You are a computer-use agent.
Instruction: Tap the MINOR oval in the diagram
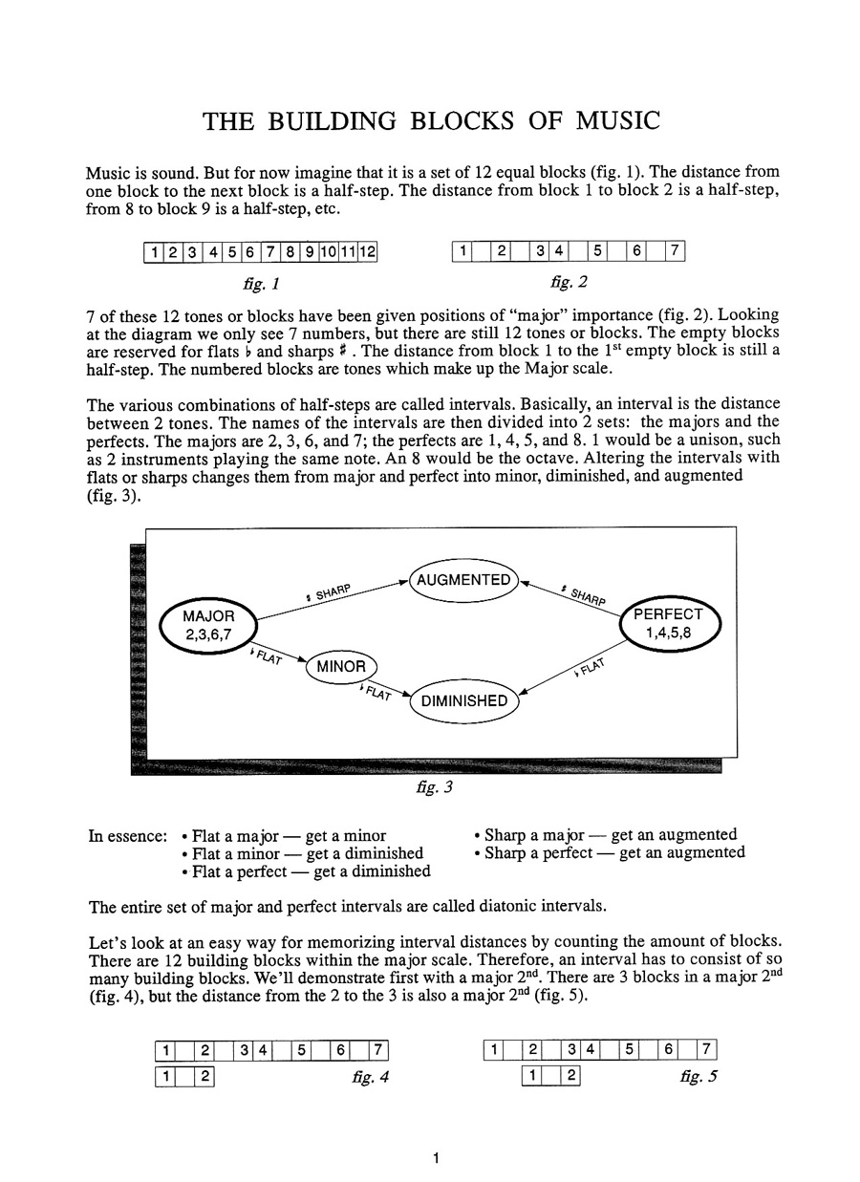341,666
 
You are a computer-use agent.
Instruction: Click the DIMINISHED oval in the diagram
464,701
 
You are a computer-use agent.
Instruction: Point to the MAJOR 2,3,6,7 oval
208,625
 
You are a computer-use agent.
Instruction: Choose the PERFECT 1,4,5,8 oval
668,623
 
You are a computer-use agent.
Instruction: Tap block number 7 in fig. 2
675,252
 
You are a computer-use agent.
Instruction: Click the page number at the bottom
435,1159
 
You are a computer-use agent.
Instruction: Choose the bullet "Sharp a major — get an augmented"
605,835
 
